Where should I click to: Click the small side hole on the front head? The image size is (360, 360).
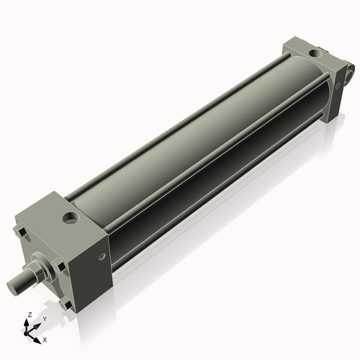tap(102, 256)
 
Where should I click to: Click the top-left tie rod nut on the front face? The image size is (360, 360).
tap(21, 233)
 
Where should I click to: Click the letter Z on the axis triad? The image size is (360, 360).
tap(30, 315)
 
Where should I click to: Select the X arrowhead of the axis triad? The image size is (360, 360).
tap(38, 336)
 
